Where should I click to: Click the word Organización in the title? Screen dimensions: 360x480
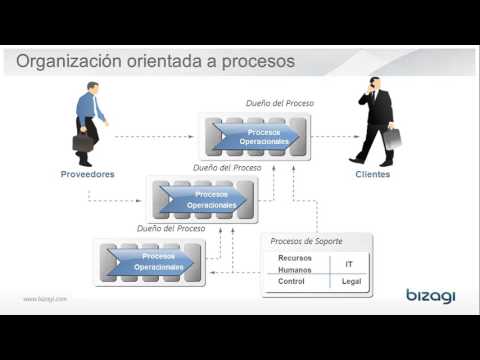[75, 62]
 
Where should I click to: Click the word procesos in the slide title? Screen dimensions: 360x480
[257, 62]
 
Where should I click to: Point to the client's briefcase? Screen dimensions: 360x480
[390, 138]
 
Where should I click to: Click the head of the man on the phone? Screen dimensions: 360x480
[375, 84]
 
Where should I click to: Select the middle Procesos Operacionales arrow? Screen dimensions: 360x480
[208, 199]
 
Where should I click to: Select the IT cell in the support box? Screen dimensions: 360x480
[348, 264]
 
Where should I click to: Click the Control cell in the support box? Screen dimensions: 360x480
[291, 282]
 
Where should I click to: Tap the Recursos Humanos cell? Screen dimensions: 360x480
[294, 263]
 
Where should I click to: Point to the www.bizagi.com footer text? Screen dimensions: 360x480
[45, 298]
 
